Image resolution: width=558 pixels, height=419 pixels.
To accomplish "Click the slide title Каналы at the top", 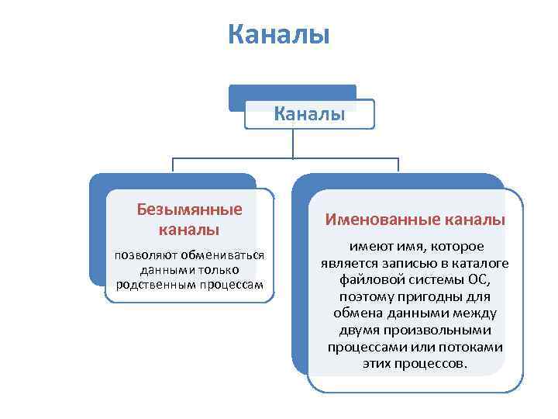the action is pos(279,35).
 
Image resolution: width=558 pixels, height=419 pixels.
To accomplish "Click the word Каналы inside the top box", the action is pos(309,114).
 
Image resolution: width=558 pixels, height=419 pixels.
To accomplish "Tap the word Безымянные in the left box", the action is pos(189,209).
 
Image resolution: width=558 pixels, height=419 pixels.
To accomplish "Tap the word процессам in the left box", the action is pos(230,284).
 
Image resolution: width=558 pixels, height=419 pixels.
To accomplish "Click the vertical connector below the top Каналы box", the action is pos(293,144).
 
